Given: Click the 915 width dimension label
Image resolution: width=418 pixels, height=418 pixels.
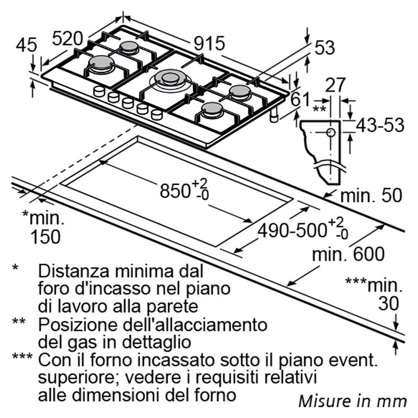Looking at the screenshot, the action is [x=209, y=43].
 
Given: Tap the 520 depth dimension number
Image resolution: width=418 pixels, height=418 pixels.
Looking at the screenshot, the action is [x=67, y=38].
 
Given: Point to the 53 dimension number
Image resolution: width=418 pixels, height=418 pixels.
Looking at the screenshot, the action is [x=324, y=48].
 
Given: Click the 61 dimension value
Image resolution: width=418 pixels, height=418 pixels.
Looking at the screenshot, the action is [x=301, y=99].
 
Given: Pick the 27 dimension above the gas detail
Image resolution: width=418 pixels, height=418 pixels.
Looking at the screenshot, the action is [x=336, y=85].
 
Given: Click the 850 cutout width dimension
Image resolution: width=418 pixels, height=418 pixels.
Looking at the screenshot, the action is [x=184, y=189].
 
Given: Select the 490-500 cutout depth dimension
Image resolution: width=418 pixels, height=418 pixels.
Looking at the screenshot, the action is [x=303, y=229].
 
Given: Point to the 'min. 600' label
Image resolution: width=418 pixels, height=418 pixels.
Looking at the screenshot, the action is [x=348, y=254].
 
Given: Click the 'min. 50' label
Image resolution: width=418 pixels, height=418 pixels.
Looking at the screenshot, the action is [x=371, y=195].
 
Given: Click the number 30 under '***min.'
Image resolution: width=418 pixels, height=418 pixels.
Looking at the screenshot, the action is [x=389, y=303].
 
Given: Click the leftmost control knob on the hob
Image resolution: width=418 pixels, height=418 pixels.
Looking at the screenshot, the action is [x=99, y=92].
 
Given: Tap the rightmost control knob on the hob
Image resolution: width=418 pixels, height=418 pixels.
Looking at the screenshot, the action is [x=156, y=115].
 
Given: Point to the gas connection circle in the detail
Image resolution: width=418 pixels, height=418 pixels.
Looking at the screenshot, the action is [x=331, y=132].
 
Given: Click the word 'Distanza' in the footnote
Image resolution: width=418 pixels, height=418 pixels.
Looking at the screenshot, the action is [x=74, y=271].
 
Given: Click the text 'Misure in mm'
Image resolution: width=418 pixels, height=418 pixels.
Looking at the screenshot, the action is [x=352, y=401].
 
